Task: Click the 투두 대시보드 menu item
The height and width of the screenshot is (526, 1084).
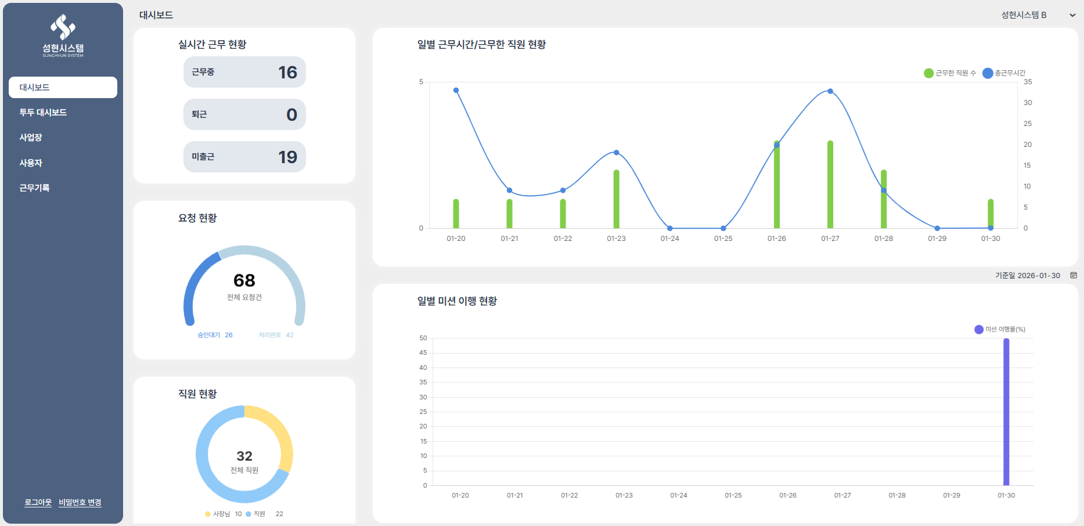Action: coord(43,113)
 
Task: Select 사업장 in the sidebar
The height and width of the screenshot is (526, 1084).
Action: coord(31,138)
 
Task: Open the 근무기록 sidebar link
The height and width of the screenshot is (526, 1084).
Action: coord(34,188)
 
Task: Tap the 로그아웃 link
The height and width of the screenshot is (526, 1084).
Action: coord(38,502)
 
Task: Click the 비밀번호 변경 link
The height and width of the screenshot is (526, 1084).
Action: coord(80,502)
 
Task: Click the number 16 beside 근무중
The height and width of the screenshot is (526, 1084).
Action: coord(287,72)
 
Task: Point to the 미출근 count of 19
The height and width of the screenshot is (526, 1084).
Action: coord(287,157)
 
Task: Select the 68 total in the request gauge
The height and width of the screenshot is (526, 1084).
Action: coord(244,280)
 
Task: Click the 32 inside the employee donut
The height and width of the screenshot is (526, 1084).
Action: coord(244,456)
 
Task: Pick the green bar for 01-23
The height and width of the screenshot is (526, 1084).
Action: coord(617,199)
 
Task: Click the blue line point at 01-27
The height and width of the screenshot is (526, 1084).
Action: coord(830,91)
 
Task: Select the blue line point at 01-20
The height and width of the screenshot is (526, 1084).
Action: coord(456,90)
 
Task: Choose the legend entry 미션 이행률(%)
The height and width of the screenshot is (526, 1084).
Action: coord(1000,329)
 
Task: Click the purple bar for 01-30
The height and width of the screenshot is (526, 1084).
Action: coord(1006,412)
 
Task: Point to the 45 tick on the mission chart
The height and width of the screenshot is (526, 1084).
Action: coord(423,352)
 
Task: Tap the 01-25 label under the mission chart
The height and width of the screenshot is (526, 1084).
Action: coord(733,495)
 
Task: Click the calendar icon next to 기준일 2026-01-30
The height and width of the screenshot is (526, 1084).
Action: coord(1074,275)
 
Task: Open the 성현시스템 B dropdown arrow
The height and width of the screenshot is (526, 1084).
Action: coord(1072,15)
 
